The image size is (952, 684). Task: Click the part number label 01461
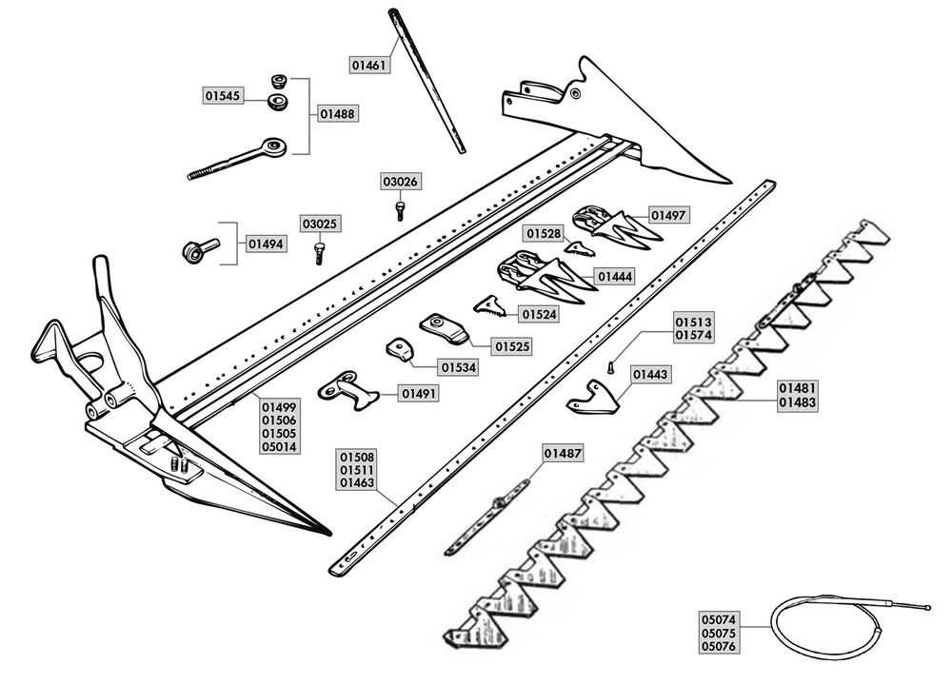370,65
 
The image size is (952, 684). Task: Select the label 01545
224,95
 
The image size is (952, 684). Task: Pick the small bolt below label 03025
320,251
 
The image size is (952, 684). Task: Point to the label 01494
266,244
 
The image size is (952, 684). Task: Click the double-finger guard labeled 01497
609,225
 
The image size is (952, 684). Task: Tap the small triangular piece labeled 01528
579,248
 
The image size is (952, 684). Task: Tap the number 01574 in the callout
693,335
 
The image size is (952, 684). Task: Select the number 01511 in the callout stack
356,469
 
